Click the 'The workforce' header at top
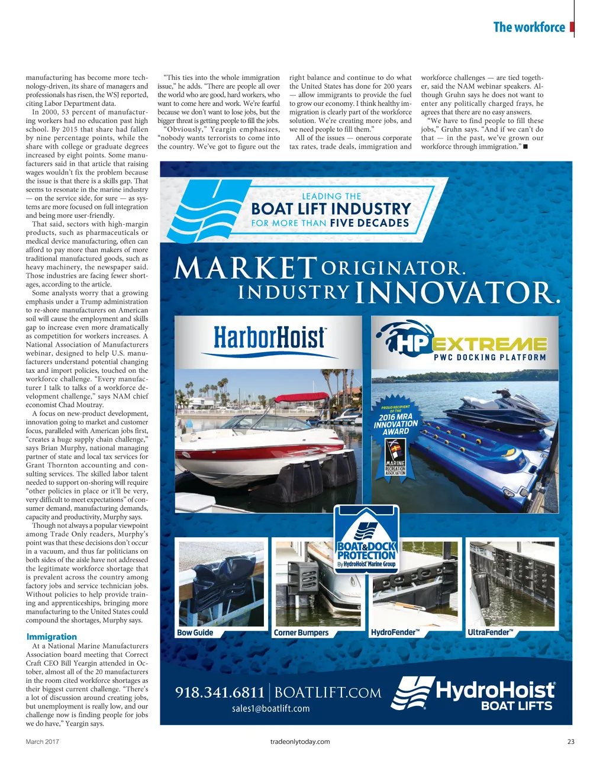[x=528, y=27]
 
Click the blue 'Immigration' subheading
[x=51, y=637]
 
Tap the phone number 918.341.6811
[x=220, y=692]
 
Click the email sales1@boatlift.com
[x=270, y=708]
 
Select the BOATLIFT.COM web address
[x=328, y=692]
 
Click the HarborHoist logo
[x=269, y=338]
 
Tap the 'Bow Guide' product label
[x=195, y=633]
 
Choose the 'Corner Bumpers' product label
[x=301, y=633]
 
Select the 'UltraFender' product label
[x=489, y=632]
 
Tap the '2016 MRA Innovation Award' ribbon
[x=395, y=424]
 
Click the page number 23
[x=570, y=741]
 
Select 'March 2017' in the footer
[x=43, y=741]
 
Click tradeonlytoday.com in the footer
[x=299, y=741]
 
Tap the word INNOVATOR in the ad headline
[x=457, y=293]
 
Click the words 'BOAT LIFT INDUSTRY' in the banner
[x=331, y=209]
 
